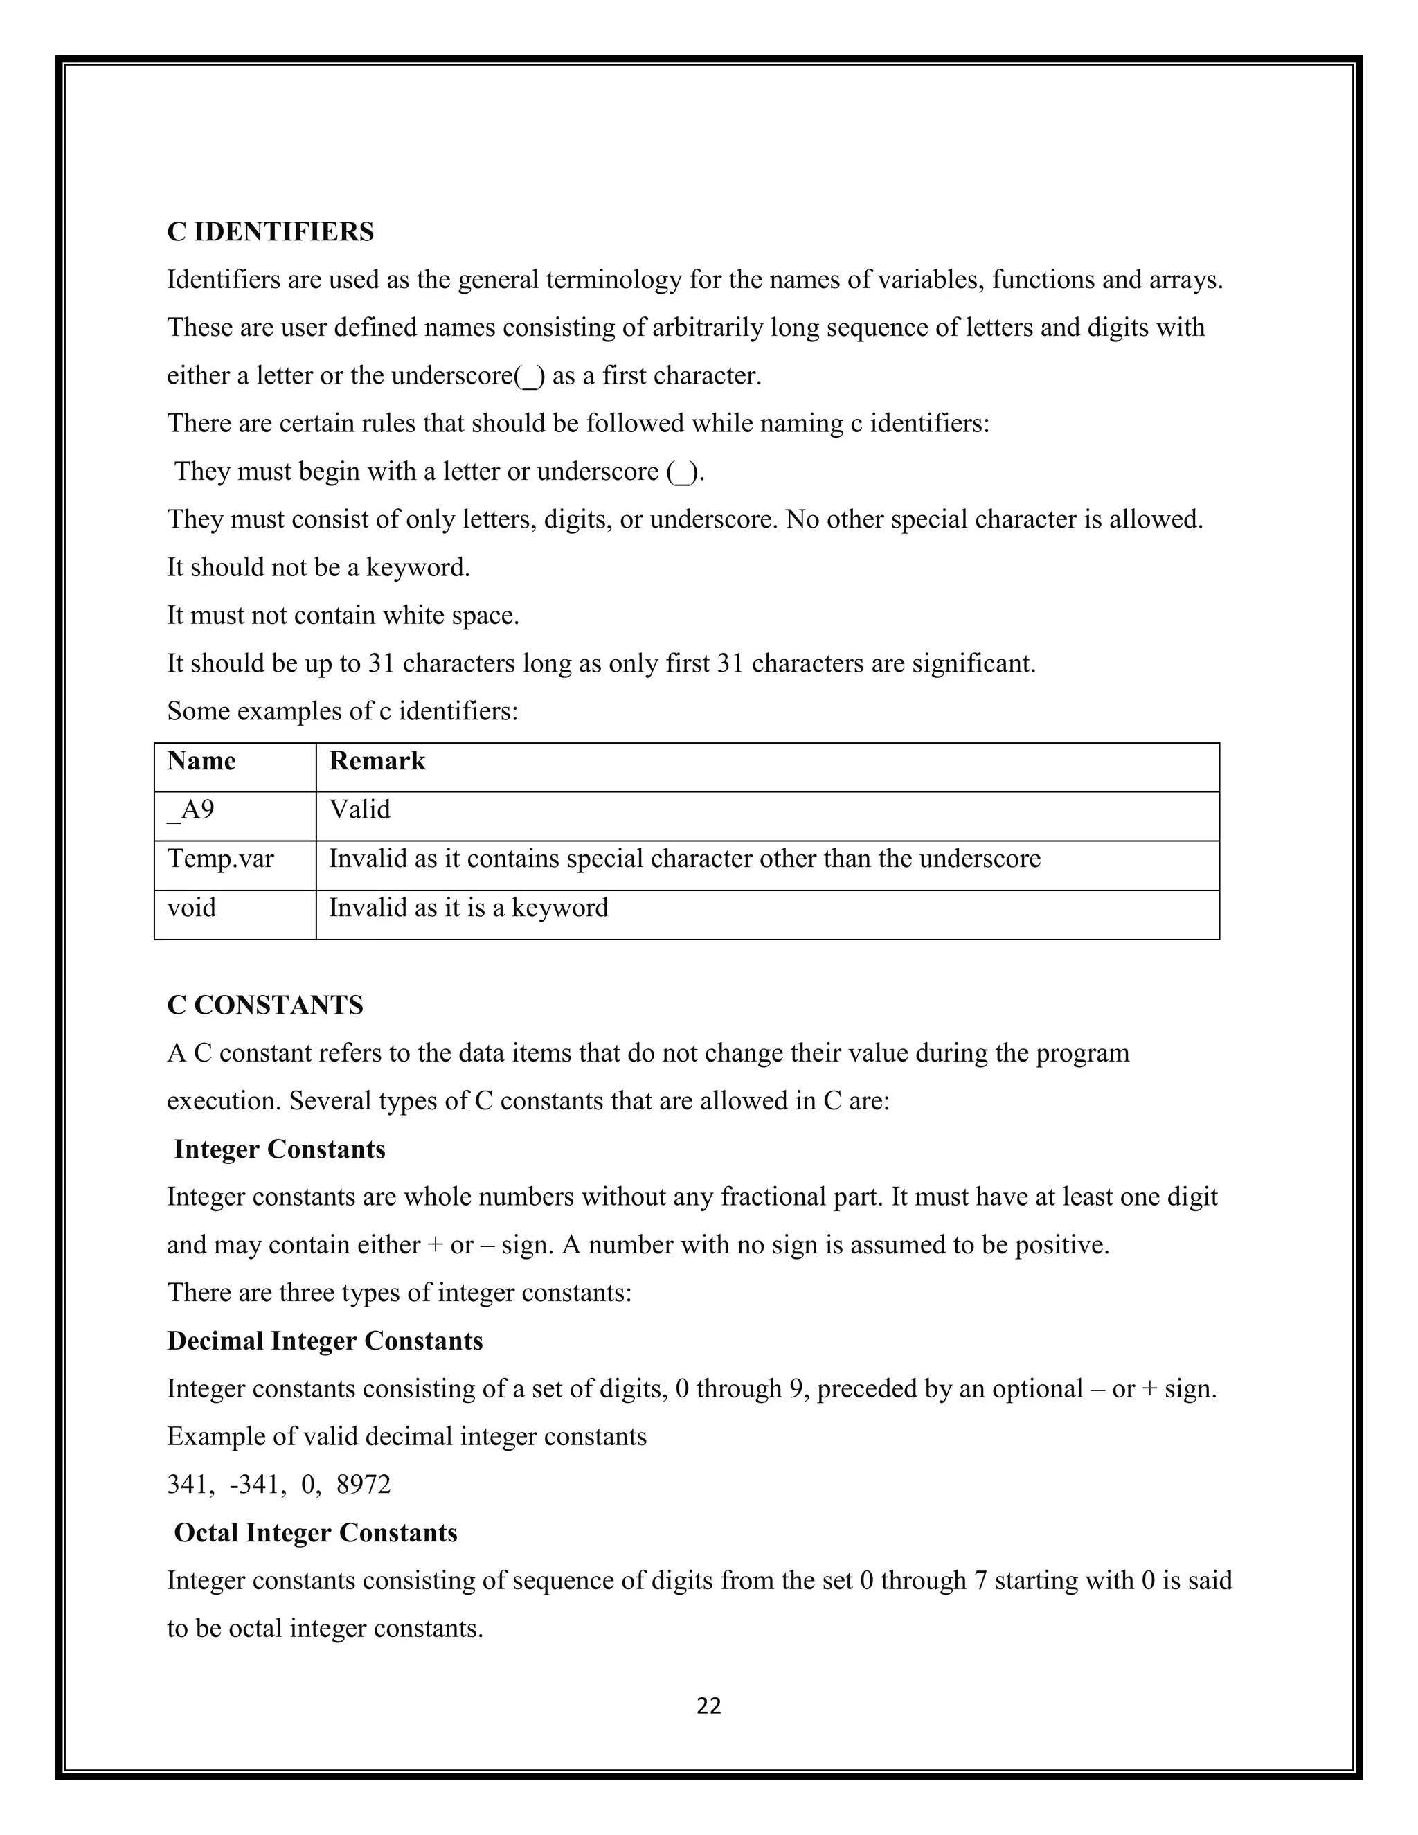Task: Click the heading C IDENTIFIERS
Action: [271, 231]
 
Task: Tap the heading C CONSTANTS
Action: [265, 1005]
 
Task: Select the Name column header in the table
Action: [201, 761]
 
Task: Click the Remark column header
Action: [377, 761]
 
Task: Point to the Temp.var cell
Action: [220, 859]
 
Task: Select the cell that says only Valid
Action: [359, 810]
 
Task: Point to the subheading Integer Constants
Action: [280, 1149]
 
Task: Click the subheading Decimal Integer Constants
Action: [325, 1341]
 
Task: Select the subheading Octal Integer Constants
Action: [316, 1532]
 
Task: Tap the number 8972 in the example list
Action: [364, 1485]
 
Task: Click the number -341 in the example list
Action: [256, 1485]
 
